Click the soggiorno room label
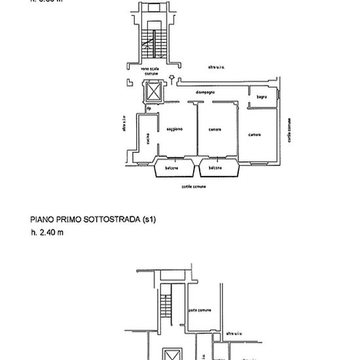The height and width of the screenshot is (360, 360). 174,130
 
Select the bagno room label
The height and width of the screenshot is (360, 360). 261,97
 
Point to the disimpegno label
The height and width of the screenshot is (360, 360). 206,92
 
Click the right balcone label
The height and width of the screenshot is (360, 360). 215,168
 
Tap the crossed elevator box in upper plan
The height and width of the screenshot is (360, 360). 154,92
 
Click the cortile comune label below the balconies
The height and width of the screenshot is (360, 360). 194,187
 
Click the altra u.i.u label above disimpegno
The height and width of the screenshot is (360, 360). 217,67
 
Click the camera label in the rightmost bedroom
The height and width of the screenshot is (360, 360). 255,135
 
